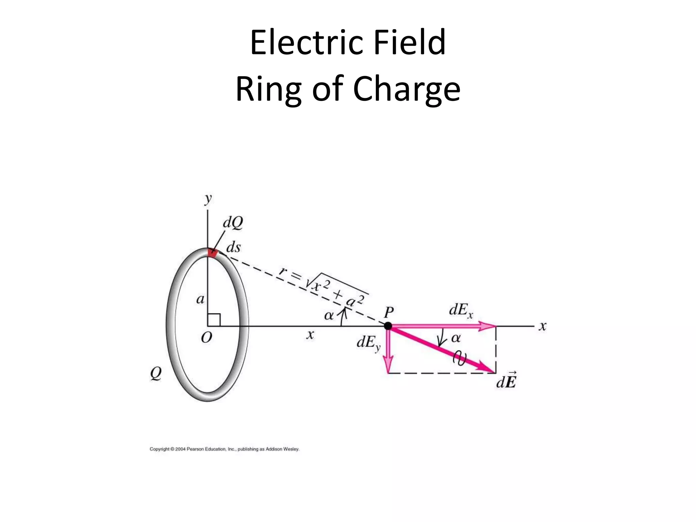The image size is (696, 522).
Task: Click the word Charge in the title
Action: pos(406,89)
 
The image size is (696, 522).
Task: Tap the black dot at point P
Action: pos(388,326)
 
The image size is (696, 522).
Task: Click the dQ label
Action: pos(233,223)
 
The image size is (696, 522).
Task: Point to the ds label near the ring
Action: pos(233,247)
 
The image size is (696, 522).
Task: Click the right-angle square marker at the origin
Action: pos(214,320)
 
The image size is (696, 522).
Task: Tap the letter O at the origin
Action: pos(207,338)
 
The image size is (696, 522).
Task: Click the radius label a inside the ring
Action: pos(201,299)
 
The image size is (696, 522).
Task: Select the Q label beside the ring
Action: pos(156,374)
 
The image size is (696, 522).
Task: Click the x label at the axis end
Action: pos(542,326)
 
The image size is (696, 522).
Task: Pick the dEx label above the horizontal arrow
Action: pos(461,310)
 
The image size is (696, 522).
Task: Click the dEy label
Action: pos(368,343)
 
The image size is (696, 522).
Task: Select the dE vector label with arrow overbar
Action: pos(506,382)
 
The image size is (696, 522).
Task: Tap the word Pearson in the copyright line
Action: pos(195,449)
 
